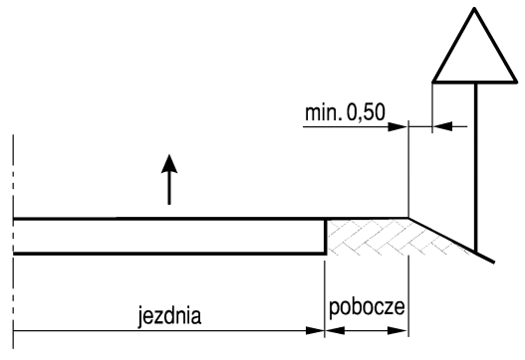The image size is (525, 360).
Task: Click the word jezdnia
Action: point(169,316)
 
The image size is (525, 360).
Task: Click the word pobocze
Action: point(367,307)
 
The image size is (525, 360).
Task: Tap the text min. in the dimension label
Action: point(324,112)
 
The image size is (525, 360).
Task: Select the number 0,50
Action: point(366,112)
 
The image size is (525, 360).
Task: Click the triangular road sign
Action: point(475,45)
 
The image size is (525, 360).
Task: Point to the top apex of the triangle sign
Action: point(475,8)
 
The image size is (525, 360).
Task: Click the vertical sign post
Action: point(475,167)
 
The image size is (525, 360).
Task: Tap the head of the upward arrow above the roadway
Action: point(169,163)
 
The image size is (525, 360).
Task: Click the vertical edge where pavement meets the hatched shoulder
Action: point(325,237)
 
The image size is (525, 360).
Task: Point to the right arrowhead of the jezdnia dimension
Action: point(315,331)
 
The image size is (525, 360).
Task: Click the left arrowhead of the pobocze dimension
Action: point(334,331)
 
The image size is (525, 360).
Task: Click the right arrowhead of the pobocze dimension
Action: point(398,331)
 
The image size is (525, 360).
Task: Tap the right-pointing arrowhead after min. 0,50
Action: point(398,126)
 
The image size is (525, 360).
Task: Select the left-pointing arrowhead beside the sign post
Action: point(442,126)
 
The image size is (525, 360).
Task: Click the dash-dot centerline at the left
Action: point(13,242)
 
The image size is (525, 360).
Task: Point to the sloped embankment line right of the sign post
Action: point(451,241)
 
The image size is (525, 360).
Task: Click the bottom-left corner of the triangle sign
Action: point(433,82)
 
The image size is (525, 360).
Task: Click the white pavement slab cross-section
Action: point(169,237)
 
